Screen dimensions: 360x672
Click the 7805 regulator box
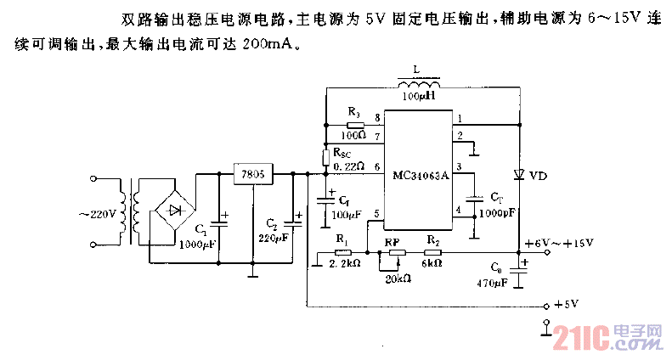pyautogui.click(x=253, y=175)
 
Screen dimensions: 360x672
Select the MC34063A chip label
pyautogui.click(x=421, y=177)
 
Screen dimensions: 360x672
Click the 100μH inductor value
pyautogui.click(x=419, y=98)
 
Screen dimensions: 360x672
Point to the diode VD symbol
pyautogui.click(x=518, y=175)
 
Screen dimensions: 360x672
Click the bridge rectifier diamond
pyautogui.click(x=176, y=210)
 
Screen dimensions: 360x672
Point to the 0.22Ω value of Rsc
pyautogui.click(x=348, y=166)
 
